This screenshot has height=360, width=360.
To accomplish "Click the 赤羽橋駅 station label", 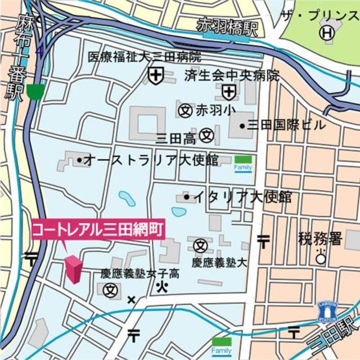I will point(227,28).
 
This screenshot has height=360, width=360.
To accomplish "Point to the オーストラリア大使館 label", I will point(148,160).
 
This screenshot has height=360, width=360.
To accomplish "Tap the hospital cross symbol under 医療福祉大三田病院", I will point(155,74).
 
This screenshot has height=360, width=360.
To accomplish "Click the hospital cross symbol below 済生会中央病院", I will point(228,92).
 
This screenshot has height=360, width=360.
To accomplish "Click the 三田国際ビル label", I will point(282,125).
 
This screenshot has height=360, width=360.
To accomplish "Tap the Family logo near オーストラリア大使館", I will point(243,164).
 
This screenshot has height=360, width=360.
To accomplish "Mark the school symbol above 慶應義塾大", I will point(200,245).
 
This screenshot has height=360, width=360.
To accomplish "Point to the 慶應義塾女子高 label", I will point(140,274).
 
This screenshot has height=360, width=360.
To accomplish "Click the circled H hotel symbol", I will point(326,33).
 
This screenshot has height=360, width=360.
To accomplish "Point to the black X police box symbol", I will point(132,300).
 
